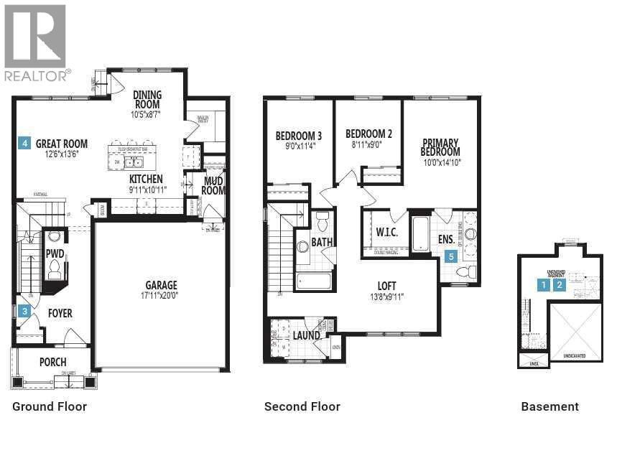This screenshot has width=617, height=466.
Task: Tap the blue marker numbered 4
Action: [25, 143]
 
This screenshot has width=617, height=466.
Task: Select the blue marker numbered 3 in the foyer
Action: [25, 311]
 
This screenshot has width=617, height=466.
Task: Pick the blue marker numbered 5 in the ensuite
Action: [451, 256]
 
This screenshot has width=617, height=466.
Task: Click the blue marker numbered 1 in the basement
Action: [544, 284]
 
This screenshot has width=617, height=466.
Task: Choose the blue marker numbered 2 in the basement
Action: [560, 284]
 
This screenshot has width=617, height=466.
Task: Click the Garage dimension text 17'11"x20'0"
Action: [161, 296]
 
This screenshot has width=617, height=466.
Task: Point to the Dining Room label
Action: [147, 99]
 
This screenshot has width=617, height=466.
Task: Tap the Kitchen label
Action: [146, 179]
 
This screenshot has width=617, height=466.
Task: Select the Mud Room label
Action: [213, 186]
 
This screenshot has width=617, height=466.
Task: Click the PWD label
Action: [55, 253]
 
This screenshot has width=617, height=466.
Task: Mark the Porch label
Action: [53, 362]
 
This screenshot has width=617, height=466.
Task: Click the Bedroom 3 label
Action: [298, 136]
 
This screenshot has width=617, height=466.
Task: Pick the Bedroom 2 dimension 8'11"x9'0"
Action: [368, 144]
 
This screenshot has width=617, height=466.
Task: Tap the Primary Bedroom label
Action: [440, 147]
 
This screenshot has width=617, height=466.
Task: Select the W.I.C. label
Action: [386, 233]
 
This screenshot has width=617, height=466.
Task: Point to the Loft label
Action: [386, 286]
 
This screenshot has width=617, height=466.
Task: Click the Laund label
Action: [305, 335]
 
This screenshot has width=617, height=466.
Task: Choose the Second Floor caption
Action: [302, 406]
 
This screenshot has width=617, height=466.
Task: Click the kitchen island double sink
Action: [134, 162]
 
